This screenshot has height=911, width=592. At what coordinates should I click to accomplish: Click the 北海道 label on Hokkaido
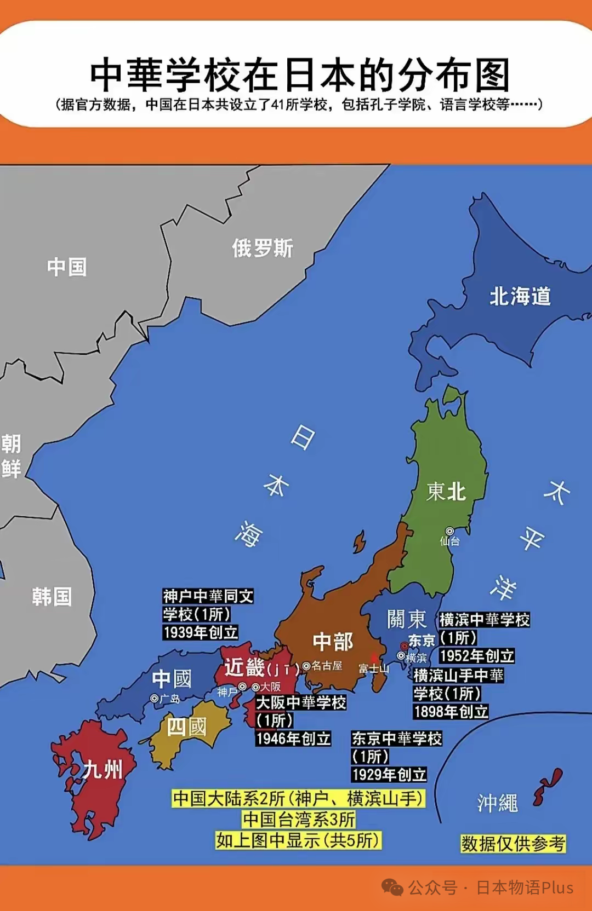520,296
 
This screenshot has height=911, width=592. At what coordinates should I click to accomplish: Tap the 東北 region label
446,491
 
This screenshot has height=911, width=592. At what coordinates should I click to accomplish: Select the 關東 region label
406,619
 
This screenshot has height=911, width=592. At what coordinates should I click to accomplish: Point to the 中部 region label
333,641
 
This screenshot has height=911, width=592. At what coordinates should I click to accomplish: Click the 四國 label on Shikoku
186,727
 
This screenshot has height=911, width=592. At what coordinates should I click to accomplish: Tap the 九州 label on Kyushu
103,769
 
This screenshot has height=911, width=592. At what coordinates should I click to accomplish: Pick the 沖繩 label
497,803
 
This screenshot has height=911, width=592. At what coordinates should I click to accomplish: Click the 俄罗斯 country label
263,248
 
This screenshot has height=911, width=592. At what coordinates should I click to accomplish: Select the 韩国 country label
52,596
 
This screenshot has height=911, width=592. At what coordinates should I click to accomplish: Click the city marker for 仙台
449,531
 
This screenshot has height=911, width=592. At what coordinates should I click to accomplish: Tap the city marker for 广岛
154,699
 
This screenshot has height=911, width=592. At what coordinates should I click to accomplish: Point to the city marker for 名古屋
306,666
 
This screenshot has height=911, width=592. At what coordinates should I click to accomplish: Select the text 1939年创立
201,632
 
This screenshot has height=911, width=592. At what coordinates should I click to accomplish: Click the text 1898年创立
451,711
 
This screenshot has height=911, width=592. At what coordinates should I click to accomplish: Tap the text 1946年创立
293,739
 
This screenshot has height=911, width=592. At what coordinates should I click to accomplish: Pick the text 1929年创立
389,774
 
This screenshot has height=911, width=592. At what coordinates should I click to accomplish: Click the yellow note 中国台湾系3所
299,820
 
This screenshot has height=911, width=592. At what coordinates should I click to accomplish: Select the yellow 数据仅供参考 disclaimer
513,844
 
